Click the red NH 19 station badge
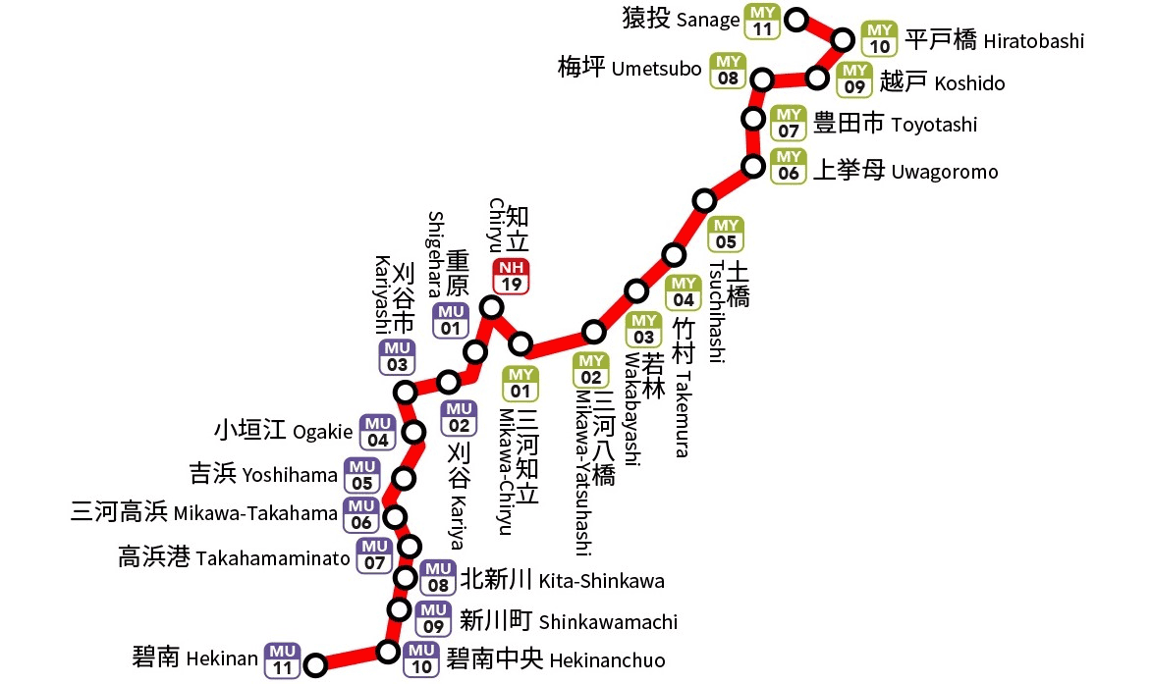(511, 277)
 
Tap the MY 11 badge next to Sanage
(762, 21)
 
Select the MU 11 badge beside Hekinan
(283, 659)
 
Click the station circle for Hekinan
(315, 666)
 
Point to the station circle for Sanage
(797, 19)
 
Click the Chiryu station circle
(492, 308)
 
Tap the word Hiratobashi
(1033, 41)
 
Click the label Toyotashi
(934, 125)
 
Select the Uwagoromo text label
(944, 172)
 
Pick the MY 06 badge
(788, 166)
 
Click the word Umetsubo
(656, 69)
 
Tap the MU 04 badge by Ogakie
(378, 432)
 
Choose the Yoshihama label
(290, 476)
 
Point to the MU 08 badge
(438, 577)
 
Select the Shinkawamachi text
(608, 622)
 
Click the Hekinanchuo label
(606, 659)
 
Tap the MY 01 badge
(521, 383)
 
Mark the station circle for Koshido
(817, 78)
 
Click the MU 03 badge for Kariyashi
(398, 357)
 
